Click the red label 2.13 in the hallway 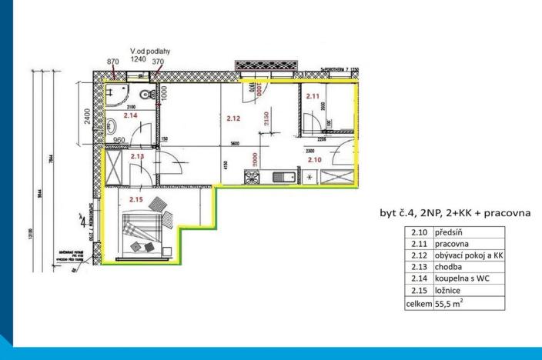pyautogui.click(x=137, y=156)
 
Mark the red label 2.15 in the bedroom pyautogui.click(x=136, y=199)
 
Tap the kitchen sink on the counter pyautogui.click(x=282, y=177)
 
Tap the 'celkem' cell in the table pyautogui.click(x=418, y=304)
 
